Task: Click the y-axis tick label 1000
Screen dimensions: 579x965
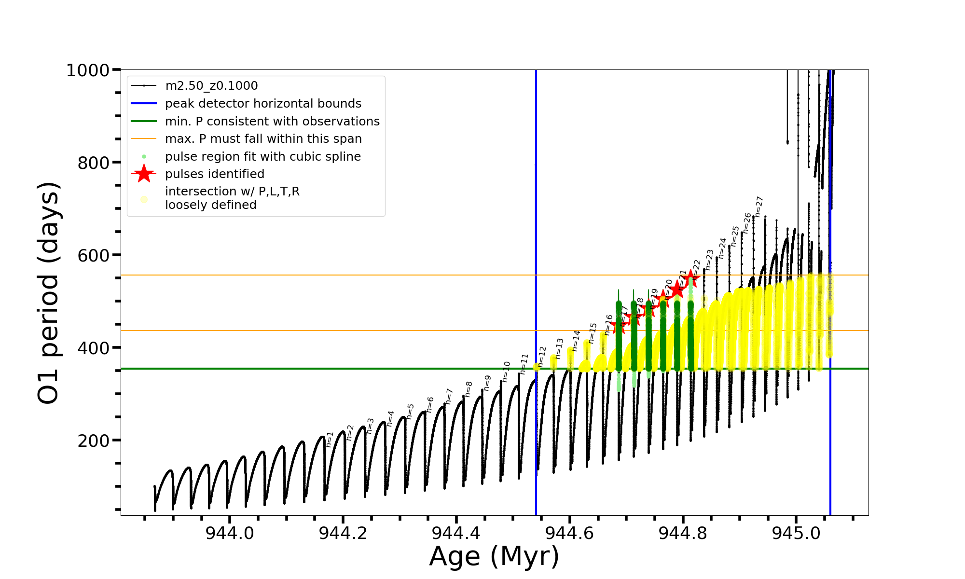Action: point(88,70)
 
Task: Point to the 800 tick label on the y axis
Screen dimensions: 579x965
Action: point(94,163)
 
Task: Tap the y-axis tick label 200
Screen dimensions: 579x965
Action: point(94,441)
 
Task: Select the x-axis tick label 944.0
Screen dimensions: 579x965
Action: point(229,533)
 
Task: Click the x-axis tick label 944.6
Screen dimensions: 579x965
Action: point(569,533)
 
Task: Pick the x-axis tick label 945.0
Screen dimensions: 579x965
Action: point(796,533)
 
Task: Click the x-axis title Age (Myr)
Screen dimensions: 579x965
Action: point(494,556)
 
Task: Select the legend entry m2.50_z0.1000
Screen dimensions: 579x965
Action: point(211,86)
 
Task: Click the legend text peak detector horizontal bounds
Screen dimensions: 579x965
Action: point(263,104)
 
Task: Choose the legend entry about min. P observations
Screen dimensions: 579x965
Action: point(272,122)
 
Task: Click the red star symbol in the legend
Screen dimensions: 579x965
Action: point(144,174)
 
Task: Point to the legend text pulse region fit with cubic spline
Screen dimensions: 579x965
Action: point(263,157)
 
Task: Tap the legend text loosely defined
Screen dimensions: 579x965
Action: point(211,205)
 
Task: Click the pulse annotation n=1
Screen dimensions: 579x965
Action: point(330,439)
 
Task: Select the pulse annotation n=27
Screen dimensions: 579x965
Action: point(759,207)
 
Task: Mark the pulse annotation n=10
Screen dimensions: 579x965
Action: point(506,372)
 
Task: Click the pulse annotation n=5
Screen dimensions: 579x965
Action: point(411,411)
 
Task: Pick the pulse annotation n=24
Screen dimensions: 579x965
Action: point(722,248)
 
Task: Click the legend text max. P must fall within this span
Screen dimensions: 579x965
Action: point(263,139)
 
